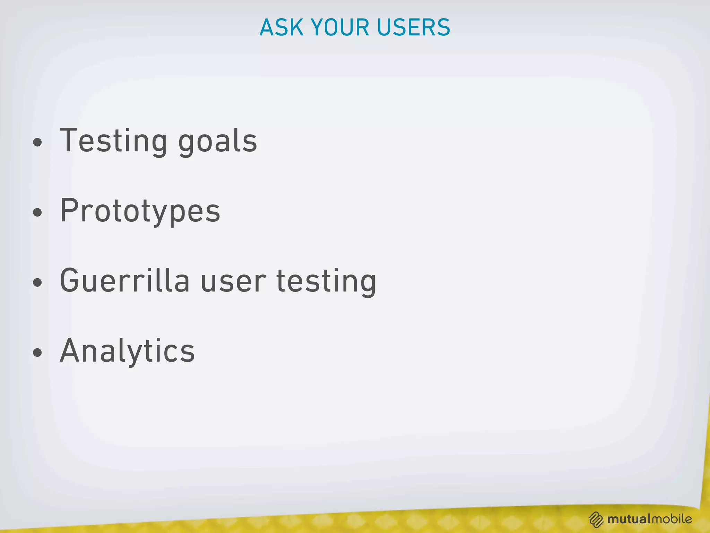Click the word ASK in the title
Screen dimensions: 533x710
click(x=281, y=27)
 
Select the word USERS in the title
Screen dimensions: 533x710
click(x=414, y=27)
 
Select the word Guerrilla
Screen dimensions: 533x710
click(x=125, y=281)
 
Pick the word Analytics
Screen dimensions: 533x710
click(x=127, y=351)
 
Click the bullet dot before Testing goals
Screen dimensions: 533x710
click(x=37, y=143)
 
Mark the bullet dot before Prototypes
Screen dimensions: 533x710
click(x=37, y=212)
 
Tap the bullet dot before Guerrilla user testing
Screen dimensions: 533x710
click(x=37, y=282)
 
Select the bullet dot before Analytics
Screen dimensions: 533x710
click(x=37, y=353)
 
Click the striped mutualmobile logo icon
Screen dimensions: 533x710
click(x=596, y=519)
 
